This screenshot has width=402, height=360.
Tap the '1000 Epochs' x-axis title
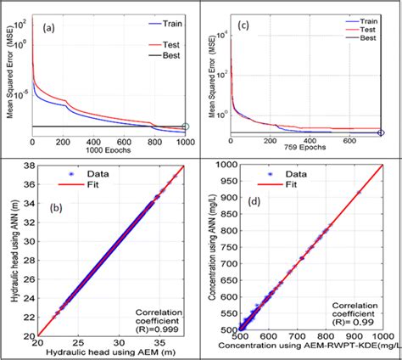[x=111, y=149]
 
